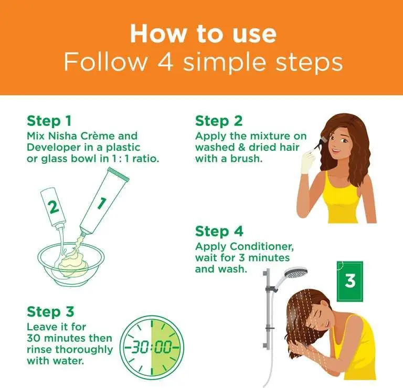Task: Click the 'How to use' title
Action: tap(203, 34)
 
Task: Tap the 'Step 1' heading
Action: tap(49, 121)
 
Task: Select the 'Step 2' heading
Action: tap(219, 121)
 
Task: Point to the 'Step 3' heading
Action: tap(50, 312)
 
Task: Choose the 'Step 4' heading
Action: tap(219, 231)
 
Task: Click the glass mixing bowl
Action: tap(71, 264)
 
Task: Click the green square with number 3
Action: tap(350, 281)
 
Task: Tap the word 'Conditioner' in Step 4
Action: tap(262, 246)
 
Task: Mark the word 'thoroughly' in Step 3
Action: tap(84, 350)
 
